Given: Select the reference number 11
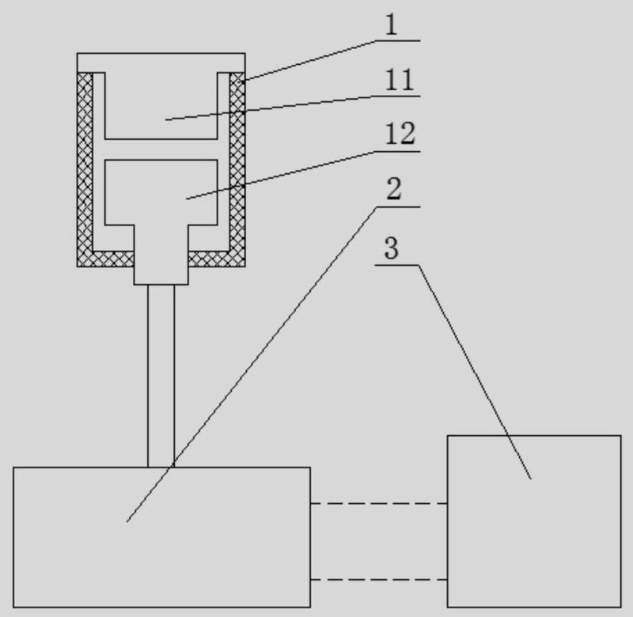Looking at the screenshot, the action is [400, 81].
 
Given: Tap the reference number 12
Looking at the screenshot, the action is [400, 134].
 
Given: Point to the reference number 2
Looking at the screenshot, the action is [393, 190].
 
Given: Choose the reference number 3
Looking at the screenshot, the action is [391, 248].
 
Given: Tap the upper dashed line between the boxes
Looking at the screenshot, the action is [378, 503].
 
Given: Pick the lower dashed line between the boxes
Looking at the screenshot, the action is [378, 580].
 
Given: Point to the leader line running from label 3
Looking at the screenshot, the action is [475, 372].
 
